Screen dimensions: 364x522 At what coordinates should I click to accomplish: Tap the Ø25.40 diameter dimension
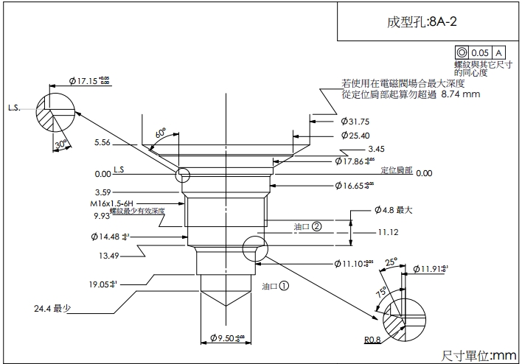(355, 136)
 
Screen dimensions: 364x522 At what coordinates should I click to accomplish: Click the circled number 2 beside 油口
(317, 227)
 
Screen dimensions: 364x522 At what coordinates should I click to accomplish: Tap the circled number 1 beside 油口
(284, 281)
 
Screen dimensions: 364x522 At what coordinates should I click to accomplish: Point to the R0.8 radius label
(374, 340)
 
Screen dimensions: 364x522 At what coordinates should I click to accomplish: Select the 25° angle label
(390, 261)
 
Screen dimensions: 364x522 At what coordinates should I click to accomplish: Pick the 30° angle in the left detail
(61, 144)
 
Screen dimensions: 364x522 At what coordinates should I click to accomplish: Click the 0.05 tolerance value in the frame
(480, 53)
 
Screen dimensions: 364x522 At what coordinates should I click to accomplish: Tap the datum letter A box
(498, 53)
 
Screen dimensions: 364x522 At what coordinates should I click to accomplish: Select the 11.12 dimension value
(388, 232)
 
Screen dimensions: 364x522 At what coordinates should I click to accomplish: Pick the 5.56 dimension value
(102, 143)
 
